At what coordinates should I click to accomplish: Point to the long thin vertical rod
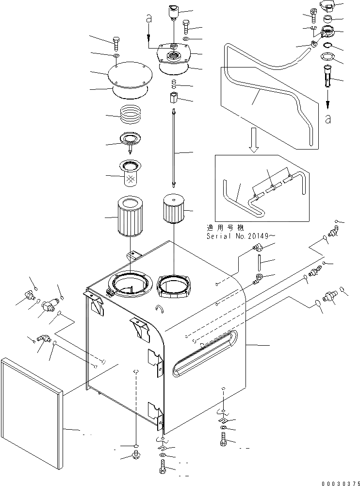click(173, 148)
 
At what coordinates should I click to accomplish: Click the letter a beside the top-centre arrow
click(149, 19)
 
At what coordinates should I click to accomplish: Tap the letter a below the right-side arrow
click(328, 119)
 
